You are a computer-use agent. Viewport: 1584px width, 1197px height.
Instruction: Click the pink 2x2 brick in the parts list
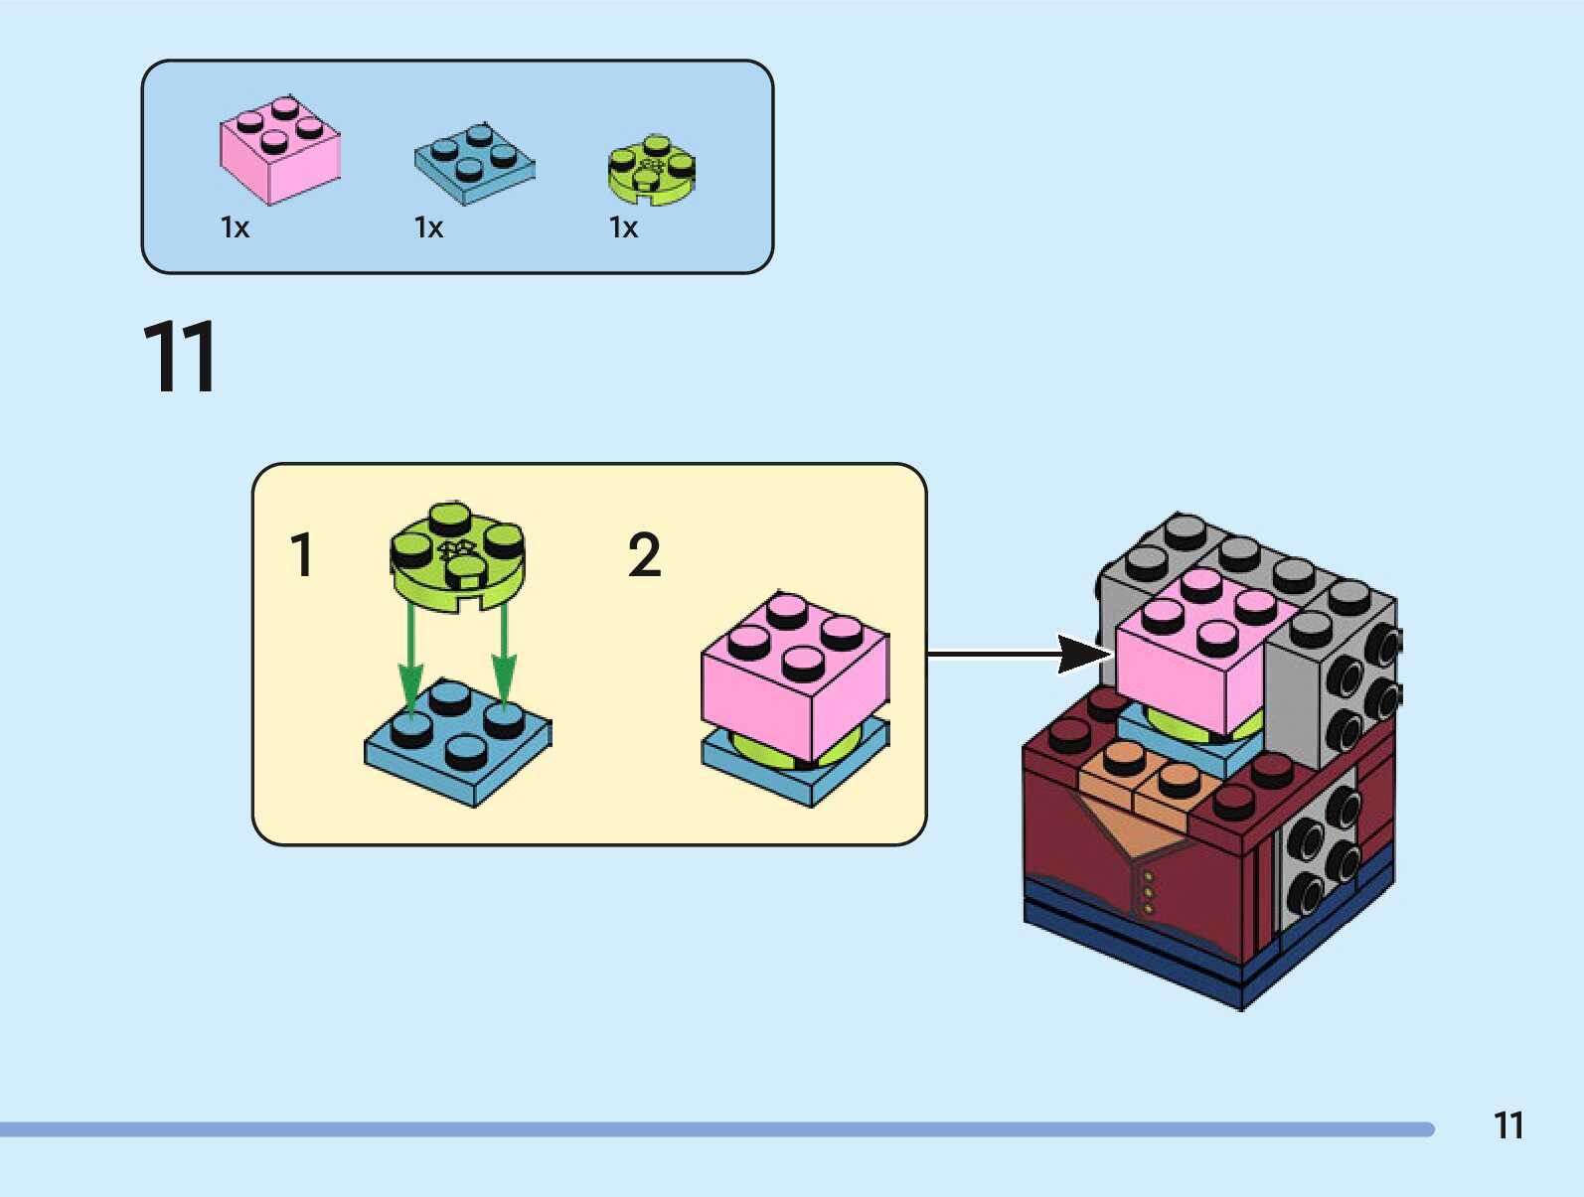click(280, 150)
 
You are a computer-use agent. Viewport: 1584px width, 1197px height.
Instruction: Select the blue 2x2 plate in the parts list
click(474, 164)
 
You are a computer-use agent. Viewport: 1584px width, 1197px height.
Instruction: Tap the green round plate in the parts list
click(652, 170)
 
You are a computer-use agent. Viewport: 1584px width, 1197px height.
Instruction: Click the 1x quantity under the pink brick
click(236, 227)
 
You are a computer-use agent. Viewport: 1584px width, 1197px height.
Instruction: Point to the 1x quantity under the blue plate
click(428, 227)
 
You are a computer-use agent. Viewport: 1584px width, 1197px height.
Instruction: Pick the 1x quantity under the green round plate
click(623, 227)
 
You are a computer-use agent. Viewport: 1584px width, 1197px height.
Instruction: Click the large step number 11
click(180, 357)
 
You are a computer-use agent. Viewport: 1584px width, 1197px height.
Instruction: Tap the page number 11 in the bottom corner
click(1508, 1125)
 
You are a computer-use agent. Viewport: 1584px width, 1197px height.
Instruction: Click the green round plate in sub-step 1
click(457, 556)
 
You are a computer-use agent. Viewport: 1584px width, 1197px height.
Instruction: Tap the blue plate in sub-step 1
click(457, 742)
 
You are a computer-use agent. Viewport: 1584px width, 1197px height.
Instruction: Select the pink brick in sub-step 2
click(795, 676)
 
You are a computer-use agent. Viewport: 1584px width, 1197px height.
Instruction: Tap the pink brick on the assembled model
click(1197, 651)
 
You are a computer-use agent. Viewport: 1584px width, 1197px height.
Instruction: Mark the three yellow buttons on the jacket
click(1148, 893)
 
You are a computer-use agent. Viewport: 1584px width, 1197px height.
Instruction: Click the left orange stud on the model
click(1123, 758)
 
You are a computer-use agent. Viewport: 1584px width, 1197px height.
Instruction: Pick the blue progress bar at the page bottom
click(717, 1129)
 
